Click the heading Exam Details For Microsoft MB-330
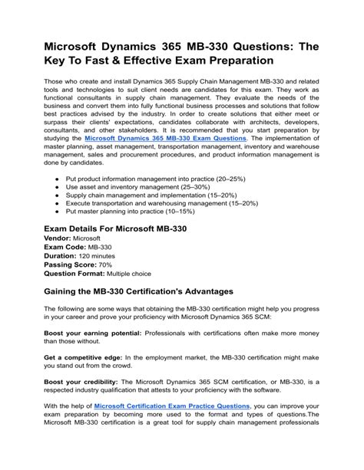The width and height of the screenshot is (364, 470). (116, 228)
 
